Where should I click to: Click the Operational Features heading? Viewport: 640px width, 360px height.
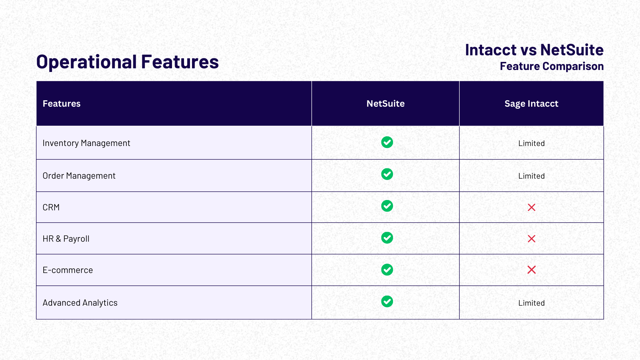point(127,62)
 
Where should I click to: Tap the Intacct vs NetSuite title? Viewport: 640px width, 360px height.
point(534,50)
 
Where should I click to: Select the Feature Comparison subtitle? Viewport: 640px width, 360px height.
point(552,66)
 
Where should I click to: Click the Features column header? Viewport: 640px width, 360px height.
point(62,104)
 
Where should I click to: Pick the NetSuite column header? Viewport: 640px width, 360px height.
point(385,104)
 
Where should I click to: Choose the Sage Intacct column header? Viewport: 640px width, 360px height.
point(531,104)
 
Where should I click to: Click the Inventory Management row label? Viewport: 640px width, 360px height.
point(86,143)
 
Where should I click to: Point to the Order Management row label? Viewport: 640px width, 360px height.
point(79,176)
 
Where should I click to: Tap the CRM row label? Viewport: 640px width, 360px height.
point(51,207)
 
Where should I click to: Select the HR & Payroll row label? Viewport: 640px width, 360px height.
point(66,239)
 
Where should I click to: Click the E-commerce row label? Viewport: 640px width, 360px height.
point(68,270)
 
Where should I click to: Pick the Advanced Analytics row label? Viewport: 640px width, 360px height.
point(80,303)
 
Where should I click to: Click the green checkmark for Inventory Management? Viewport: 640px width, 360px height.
point(387,142)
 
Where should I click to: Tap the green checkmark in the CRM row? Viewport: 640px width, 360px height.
point(387,206)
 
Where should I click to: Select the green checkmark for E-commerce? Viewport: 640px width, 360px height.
point(387,270)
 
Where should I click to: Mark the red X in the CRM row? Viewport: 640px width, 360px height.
point(532,207)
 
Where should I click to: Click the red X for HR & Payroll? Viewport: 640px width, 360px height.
point(532,239)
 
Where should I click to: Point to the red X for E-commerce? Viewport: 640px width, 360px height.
point(532,270)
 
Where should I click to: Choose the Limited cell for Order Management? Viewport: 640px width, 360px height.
point(531,176)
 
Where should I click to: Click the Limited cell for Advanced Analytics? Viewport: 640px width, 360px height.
point(531,303)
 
